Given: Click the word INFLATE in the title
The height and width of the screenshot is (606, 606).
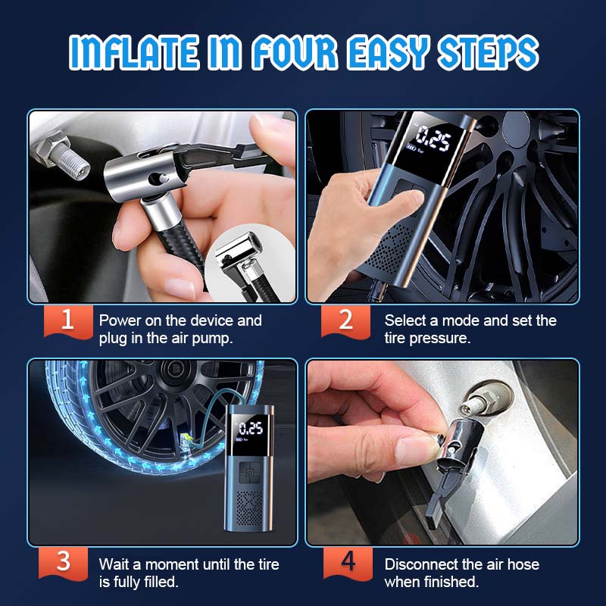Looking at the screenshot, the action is coord(133,52).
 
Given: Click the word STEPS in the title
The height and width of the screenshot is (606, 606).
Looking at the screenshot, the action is coord(488,52).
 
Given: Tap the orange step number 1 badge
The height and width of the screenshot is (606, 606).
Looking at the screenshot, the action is coord(68,321).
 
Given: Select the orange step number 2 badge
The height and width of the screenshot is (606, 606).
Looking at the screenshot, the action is coord(345,321).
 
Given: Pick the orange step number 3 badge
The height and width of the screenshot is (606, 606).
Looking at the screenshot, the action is coord(64,563).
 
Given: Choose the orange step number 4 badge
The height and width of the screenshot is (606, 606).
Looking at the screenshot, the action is coord(348,563).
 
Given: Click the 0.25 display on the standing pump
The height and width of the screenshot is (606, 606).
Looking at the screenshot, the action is coord(251,428).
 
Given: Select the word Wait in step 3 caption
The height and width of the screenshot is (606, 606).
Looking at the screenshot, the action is coord(114,564).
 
